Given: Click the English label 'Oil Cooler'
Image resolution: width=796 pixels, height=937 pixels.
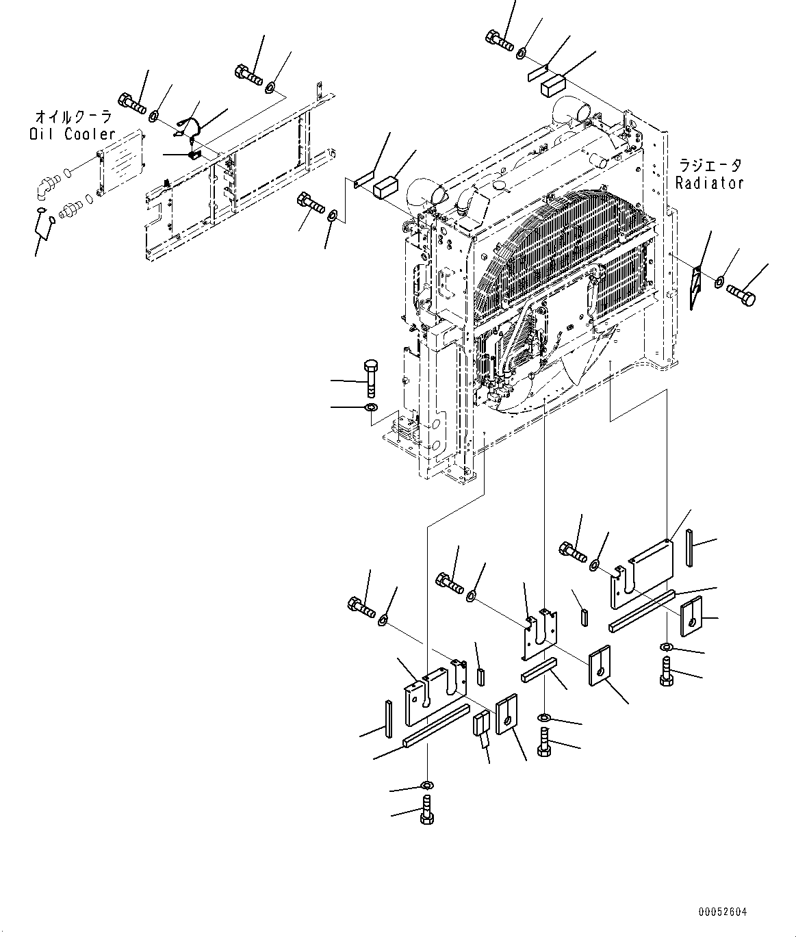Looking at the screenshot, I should click(x=73, y=135).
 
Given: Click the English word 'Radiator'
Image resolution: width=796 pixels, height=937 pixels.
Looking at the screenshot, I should click(x=709, y=183).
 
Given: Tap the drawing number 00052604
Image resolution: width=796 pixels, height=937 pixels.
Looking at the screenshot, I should click(x=723, y=912).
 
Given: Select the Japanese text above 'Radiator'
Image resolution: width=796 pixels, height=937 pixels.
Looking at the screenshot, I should click(x=710, y=166).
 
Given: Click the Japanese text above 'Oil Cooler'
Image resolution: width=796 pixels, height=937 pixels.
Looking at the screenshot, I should click(x=73, y=116).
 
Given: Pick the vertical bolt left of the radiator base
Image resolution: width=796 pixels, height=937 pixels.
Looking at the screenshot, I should click(x=370, y=376).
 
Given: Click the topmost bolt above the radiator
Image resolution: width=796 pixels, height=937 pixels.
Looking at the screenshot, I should click(x=500, y=38).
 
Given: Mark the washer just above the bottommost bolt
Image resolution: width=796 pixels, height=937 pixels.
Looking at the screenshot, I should click(x=427, y=784).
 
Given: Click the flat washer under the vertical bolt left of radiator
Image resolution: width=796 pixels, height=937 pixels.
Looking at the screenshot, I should click(x=370, y=409).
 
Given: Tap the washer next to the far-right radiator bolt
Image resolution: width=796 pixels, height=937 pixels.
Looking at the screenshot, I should click(x=721, y=282).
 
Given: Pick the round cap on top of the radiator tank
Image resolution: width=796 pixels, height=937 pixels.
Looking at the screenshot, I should click(x=500, y=185).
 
